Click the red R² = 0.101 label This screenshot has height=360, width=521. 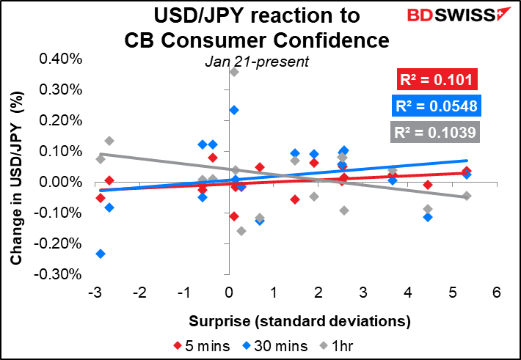(x=437, y=79)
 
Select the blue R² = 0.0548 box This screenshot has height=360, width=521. (x=437, y=106)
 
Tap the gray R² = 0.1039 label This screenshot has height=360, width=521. (x=435, y=132)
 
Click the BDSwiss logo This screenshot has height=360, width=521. (x=459, y=15)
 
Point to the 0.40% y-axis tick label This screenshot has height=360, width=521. (x=61, y=59)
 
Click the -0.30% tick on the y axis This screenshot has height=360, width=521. (x=58, y=274)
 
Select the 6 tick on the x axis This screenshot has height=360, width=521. (x=496, y=293)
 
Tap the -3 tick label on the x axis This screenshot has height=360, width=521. (x=95, y=293)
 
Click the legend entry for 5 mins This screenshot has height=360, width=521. (x=201, y=346)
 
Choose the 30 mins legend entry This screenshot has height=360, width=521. (x=274, y=346)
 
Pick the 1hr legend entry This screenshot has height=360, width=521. (x=336, y=346)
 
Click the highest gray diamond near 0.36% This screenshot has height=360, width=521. (x=234, y=72)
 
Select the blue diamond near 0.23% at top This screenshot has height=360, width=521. (x=234, y=110)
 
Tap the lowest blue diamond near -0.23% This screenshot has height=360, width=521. (x=101, y=254)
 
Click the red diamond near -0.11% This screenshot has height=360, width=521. (x=234, y=216)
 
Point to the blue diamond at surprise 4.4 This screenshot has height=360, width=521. (x=428, y=218)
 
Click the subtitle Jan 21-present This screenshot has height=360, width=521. (x=257, y=62)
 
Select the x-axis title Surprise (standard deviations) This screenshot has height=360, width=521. (x=299, y=321)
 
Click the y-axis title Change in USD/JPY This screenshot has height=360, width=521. (x=16, y=178)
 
